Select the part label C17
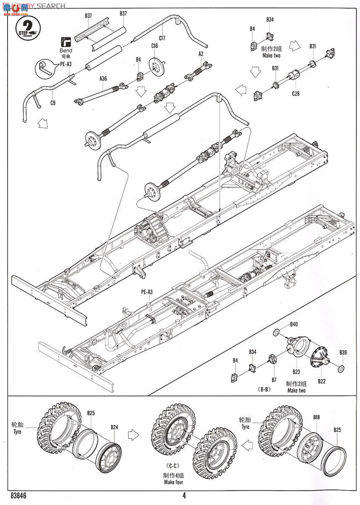162,38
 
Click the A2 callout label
201,53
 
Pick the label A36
103,78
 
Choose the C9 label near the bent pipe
53,102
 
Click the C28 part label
296,94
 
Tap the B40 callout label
294,324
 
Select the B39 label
343,352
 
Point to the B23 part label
296,371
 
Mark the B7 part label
274,380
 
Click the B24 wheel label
114,427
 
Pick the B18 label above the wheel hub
316,417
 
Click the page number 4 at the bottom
184,495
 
